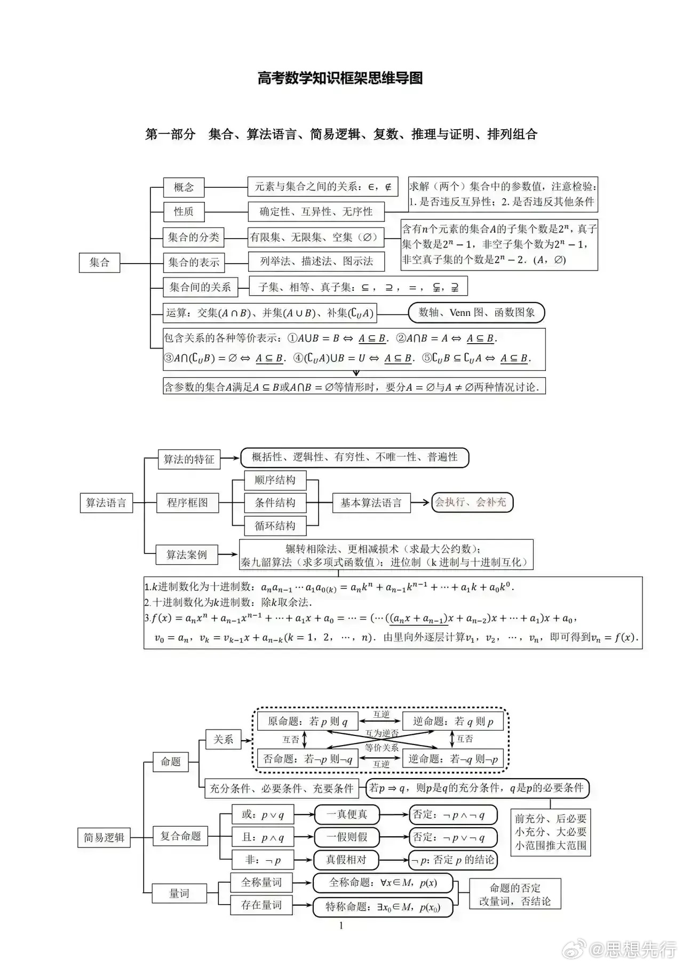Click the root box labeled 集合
click(99, 263)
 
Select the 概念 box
click(184, 187)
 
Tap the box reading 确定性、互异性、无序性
click(316, 212)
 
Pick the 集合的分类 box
click(193, 237)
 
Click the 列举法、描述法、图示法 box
click(316, 262)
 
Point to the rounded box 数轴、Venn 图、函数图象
click(476, 313)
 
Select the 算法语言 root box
click(106, 503)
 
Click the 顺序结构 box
click(275, 480)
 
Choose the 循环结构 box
click(275, 526)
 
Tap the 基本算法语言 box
click(371, 503)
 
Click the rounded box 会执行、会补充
click(472, 502)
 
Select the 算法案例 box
click(186, 555)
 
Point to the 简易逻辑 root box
click(104, 837)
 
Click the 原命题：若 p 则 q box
click(307, 722)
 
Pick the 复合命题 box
click(180, 836)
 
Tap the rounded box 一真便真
click(347, 814)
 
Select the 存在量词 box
click(261, 905)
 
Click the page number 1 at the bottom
click(341, 926)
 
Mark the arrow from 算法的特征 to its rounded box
click(229, 458)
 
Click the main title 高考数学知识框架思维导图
click(340, 78)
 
